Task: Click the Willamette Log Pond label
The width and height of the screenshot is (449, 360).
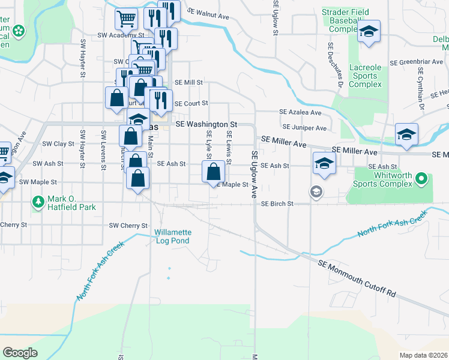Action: tap(172, 236)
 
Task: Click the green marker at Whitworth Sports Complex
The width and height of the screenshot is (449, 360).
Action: tap(421, 178)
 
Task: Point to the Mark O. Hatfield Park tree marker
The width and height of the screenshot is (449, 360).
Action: tap(38, 200)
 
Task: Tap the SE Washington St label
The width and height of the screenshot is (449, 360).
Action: tap(206, 124)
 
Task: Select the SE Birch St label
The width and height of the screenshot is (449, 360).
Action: tap(277, 204)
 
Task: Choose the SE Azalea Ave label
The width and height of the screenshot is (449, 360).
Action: tap(300, 112)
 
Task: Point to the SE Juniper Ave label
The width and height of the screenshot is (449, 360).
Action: tap(304, 128)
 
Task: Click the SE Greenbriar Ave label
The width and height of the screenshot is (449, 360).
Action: tap(415, 62)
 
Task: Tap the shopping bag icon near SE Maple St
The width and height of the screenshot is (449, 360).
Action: tap(213, 172)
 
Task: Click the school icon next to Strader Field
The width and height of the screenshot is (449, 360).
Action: tap(369, 32)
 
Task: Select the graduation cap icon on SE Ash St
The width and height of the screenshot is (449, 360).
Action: tap(324, 163)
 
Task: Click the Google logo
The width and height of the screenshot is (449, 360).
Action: tap(20, 353)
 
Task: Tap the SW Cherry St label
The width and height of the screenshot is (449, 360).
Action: tap(128, 226)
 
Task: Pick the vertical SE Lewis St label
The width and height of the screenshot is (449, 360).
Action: tap(228, 142)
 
